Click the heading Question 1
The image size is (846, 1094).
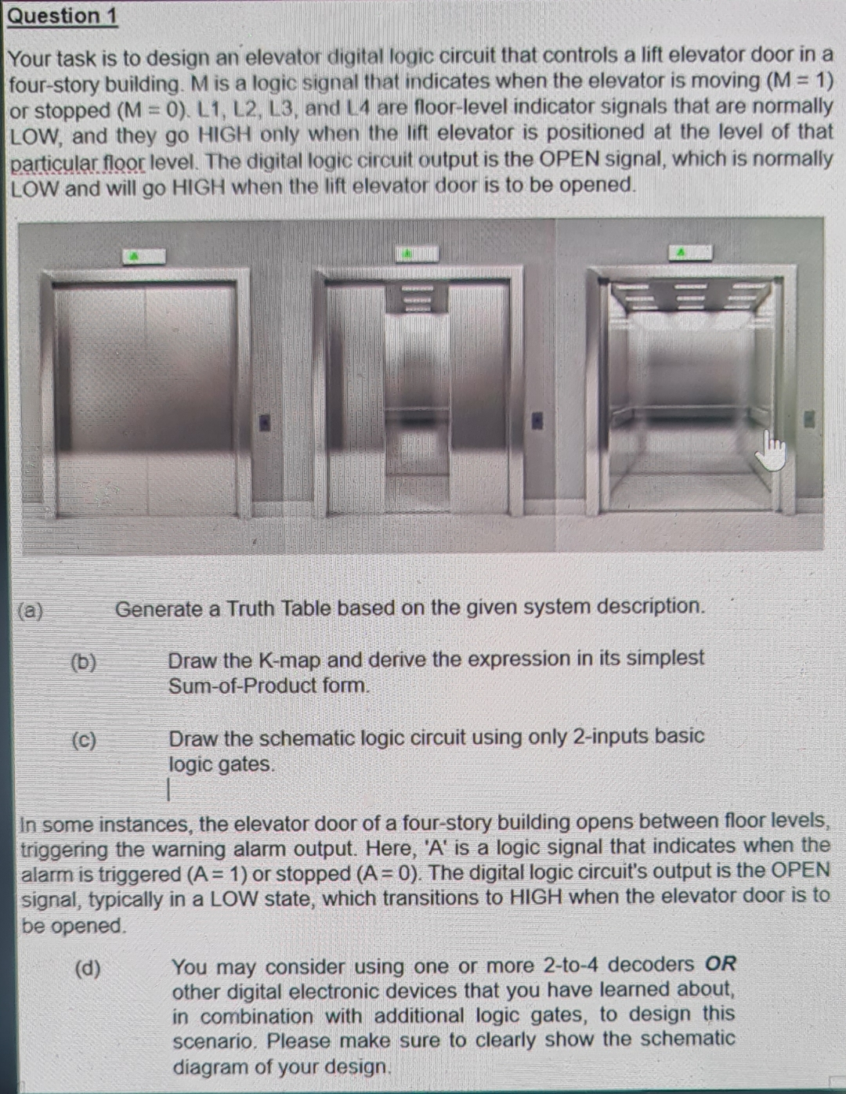tap(62, 16)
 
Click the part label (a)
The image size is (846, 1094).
tap(31, 610)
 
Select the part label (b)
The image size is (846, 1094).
tap(84, 662)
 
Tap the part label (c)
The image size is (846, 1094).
tap(84, 739)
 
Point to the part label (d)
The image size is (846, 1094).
tap(88, 968)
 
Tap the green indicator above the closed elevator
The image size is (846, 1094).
tap(143, 255)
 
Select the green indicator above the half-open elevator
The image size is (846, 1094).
tap(416, 253)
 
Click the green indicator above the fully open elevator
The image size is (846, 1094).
tap(689, 252)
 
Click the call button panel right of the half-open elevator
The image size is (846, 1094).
tap(537, 421)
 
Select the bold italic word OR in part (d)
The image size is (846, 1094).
tap(720, 964)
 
